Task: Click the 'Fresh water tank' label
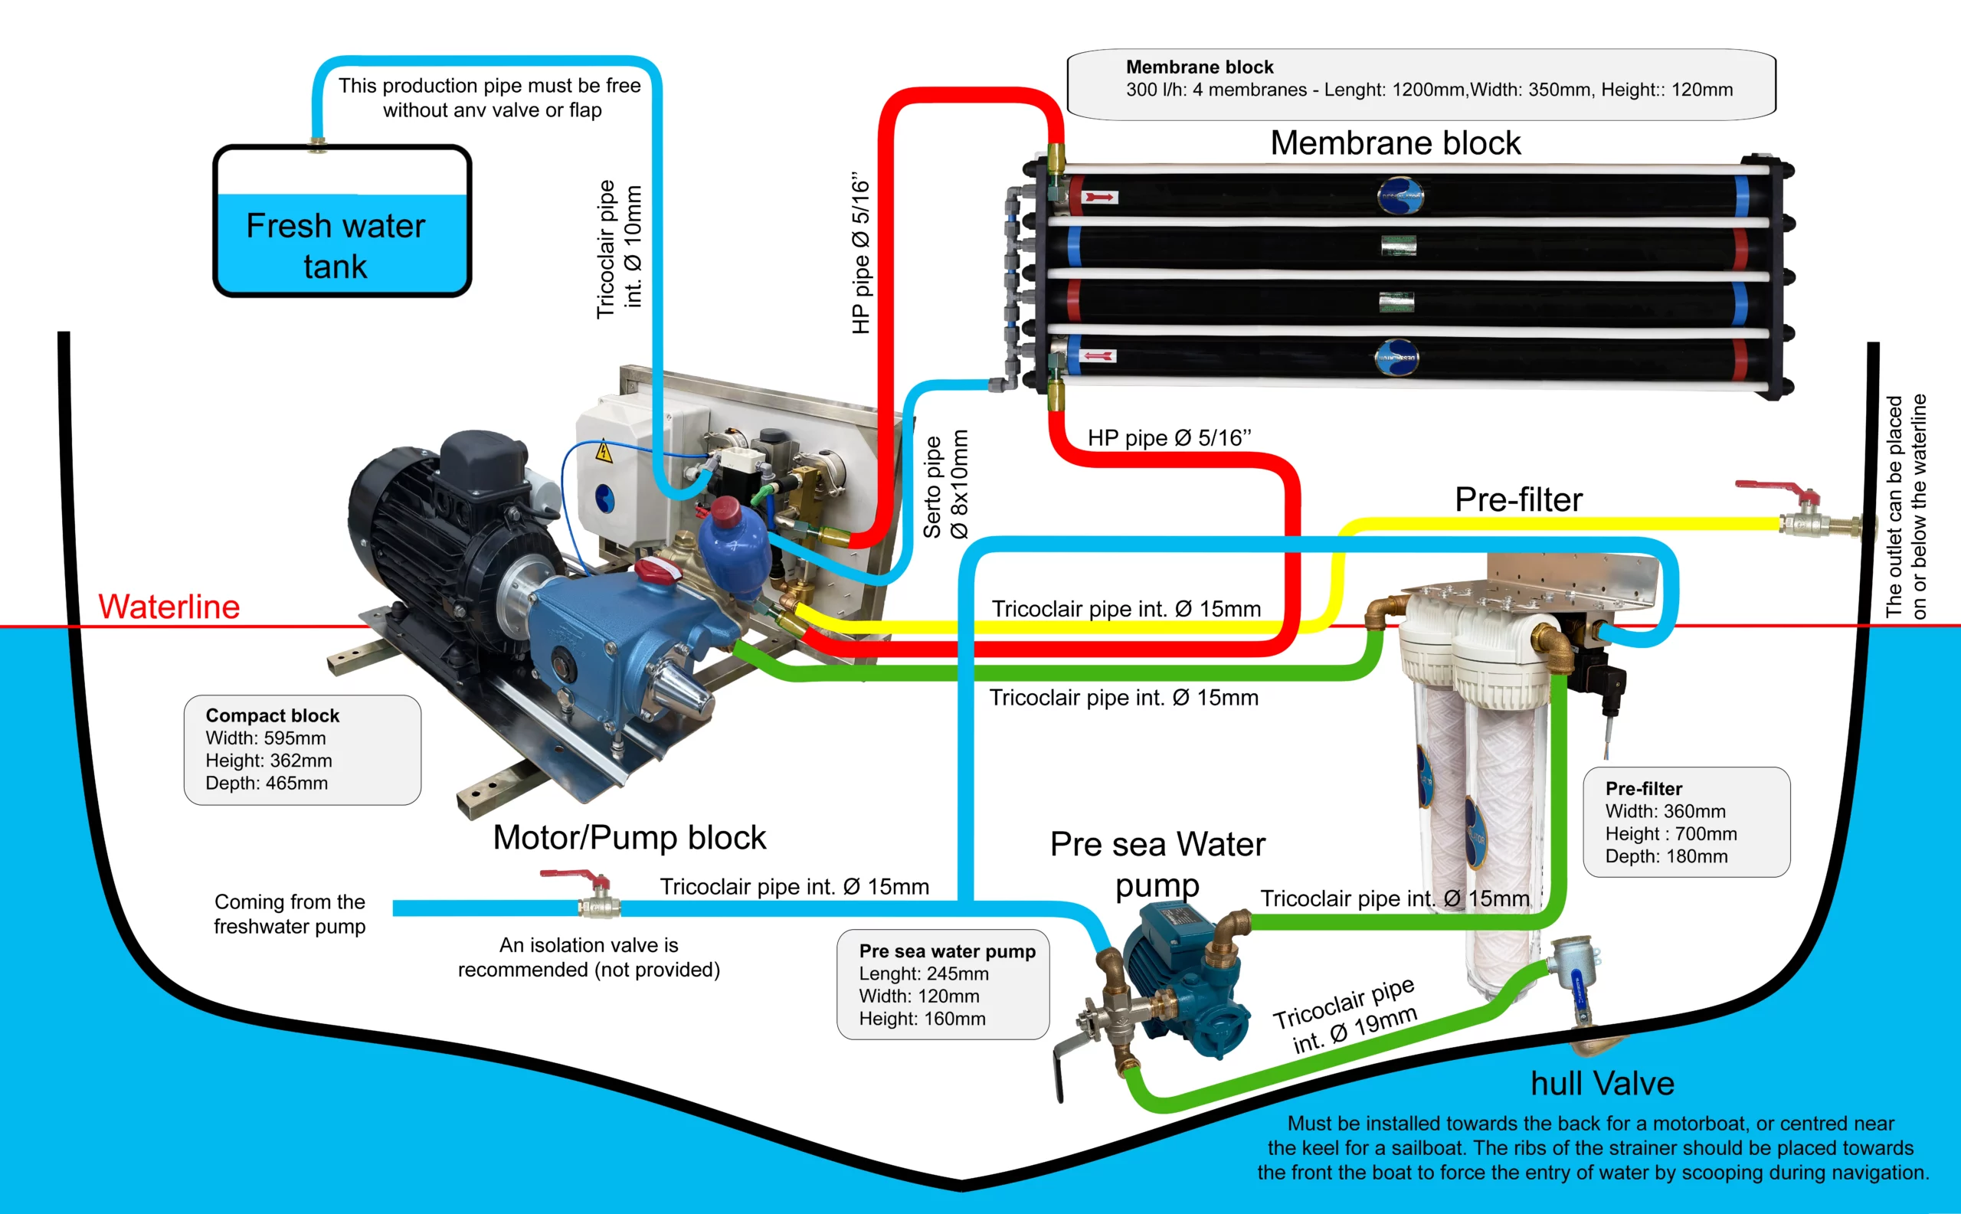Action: point(336,246)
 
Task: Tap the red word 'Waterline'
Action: point(169,606)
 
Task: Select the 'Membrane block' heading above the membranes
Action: point(1395,143)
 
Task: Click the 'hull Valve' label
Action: point(1602,1083)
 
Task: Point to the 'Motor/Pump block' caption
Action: point(630,837)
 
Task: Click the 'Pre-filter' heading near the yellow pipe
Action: point(1518,499)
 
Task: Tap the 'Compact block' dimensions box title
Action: point(272,715)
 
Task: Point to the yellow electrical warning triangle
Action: point(603,453)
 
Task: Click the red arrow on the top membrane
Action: point(1100,197)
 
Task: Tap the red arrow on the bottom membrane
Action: point(1098,355)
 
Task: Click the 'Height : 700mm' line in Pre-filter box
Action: point(1671,833)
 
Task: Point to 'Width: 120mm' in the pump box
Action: point(918,996)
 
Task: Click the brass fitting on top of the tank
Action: point(318,145)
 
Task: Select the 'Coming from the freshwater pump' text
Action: point(290,914)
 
